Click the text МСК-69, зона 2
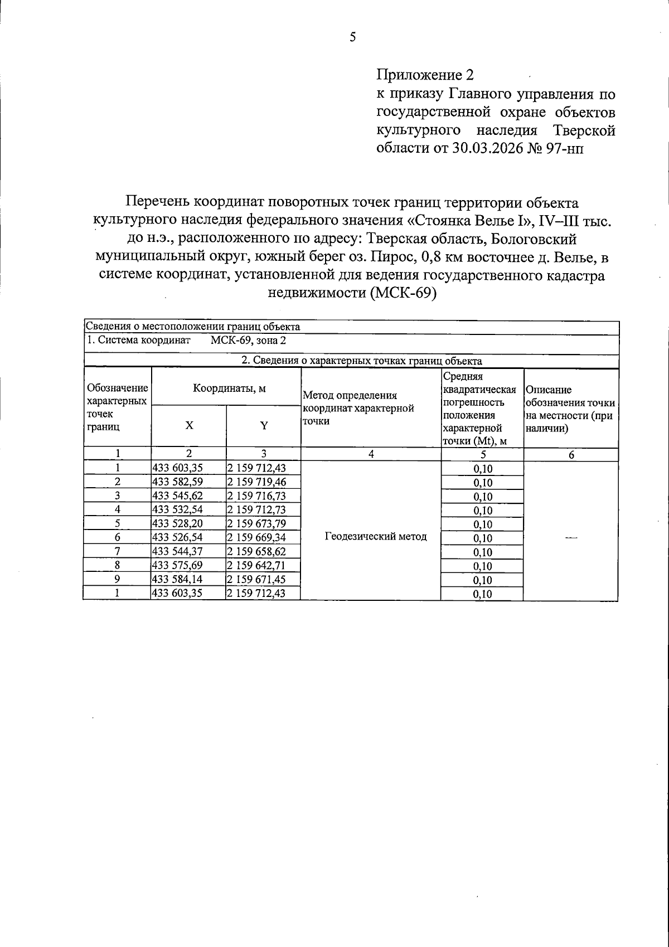click(x=248, y=341)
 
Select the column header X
click(x=189, y=425)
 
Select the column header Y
click(x=264, y=426)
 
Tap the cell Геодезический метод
click(x=375, y=537)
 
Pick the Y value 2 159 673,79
click(x=256, y=523)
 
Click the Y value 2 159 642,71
click(x=256, y=565)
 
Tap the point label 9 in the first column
click(x=117, y=579)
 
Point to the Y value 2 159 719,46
click(x=256, y=482)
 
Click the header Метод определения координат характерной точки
click(x=357, y=408)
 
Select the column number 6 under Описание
click(x=571, y=454)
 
